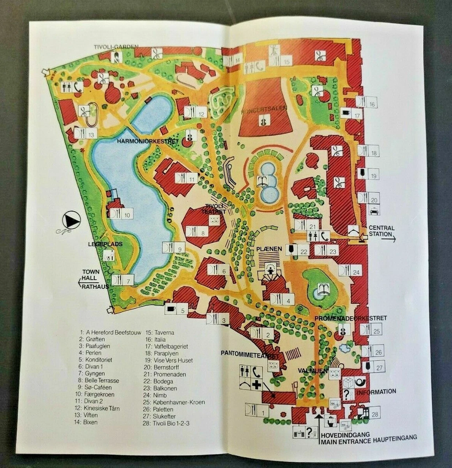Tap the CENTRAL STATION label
pos(381,231)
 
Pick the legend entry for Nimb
pos(154,395)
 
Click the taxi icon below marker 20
pos(373,212)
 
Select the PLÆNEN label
pos(266,248)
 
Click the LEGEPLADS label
pos(105,244)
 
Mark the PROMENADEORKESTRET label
pos(350,318)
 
